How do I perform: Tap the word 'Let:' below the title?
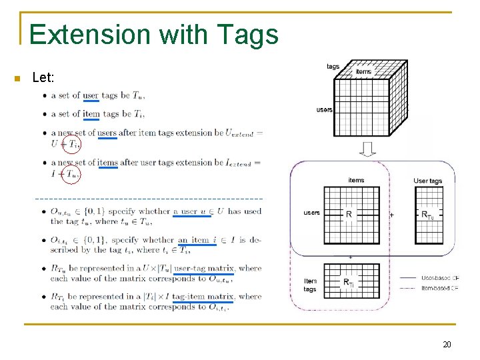click(43, 79)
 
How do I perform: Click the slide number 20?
click(447, 345)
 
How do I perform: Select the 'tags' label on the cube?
click(333, 66)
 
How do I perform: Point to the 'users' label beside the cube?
click(324, 109)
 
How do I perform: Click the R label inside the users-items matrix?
click(349, 215)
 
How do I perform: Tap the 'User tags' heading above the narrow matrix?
click(428, 181)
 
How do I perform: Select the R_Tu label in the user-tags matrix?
click(427, 215)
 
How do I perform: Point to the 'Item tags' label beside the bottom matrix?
click(310, 285)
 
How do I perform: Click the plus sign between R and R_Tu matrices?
click(391, 215)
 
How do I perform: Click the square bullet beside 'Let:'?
click(17, 79)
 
